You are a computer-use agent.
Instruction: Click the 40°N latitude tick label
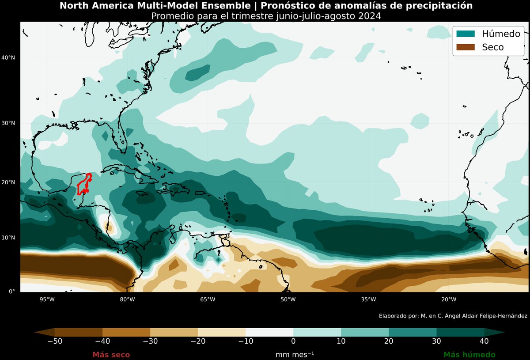8,57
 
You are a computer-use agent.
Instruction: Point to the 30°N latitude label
8,123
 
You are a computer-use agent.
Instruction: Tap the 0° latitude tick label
12,292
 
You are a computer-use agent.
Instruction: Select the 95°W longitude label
47,299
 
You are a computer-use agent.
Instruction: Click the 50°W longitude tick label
288,299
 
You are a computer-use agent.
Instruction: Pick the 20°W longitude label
449,299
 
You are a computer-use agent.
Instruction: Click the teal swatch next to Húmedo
466,34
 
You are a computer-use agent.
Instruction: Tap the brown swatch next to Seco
466,47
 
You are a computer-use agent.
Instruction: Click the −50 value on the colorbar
55,341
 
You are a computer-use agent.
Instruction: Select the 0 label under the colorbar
293,341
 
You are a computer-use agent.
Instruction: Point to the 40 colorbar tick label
484,341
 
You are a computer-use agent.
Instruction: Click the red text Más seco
111,355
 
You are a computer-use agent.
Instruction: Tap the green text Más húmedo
469,355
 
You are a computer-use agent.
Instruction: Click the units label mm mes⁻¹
295,355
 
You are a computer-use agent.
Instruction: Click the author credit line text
453,316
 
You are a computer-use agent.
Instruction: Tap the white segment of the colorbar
269,332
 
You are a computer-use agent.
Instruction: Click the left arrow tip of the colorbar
34,332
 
